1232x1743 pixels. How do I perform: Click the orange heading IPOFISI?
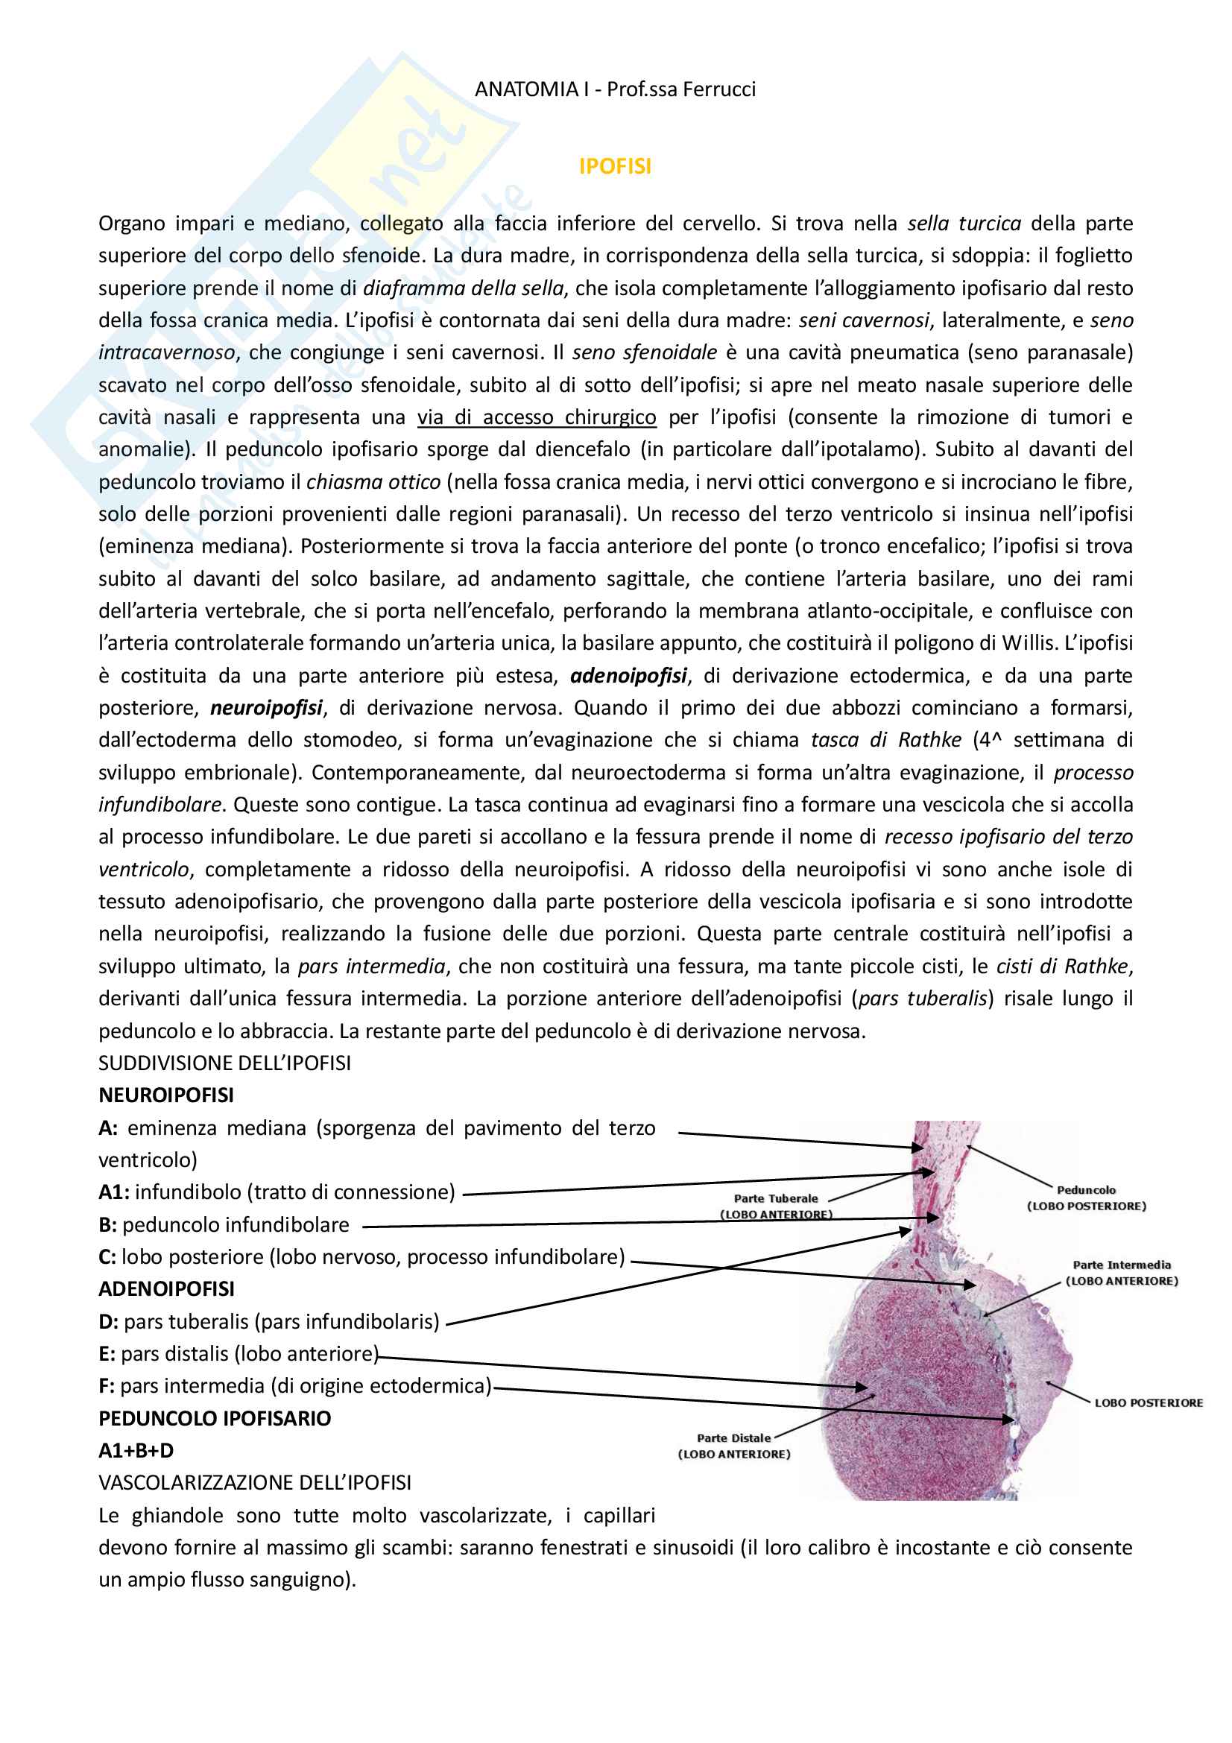[615, 166]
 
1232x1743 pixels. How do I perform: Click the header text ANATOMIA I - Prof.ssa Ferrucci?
[615, 89]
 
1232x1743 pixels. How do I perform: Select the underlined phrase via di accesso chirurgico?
[537, 417]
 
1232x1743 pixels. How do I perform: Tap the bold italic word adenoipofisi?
[628, 676]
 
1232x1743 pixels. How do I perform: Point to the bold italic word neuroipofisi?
[266, 708]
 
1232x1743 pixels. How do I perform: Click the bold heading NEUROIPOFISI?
[166, 1095]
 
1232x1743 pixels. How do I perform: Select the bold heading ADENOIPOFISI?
[166, 1289]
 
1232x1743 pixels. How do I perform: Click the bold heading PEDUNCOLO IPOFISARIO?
[215, 1418]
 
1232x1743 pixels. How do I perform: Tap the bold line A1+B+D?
[136, 1451]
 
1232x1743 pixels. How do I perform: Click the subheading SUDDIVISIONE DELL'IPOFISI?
[224, 1063]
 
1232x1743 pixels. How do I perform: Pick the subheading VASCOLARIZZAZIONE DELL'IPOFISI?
[255, 1483]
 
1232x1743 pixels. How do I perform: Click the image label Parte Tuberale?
[776, 1199]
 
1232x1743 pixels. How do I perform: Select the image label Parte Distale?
[734, 1437]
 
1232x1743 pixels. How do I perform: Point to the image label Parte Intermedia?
[1122, 1265]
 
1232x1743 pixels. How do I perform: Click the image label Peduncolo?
[1086, 1190]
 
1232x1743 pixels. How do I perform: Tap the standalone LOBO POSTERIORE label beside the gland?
[1149, 1403]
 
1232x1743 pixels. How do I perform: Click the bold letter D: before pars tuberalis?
[109, 1322]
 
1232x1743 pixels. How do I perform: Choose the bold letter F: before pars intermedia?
[107, 1386]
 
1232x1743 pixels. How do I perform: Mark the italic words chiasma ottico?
[373, 482]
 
